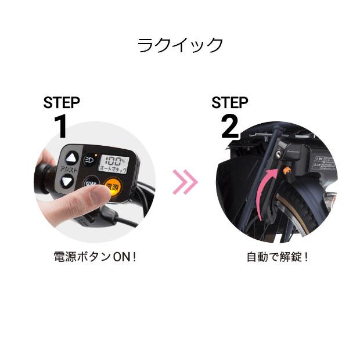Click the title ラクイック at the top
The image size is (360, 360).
point(180,45)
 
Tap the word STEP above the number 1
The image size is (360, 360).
point(62,103)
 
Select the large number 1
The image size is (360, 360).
point(60,127)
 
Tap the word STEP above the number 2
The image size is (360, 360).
point(229,103)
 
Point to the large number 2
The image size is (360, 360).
point(229,127)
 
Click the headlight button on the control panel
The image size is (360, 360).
point(89,159)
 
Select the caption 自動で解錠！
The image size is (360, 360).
point(278,256)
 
